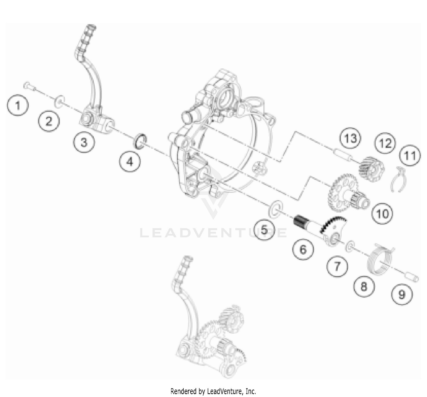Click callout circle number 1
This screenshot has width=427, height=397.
point(18,105)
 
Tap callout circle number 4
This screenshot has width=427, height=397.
point(130,162)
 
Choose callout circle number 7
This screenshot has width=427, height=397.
point(337,267)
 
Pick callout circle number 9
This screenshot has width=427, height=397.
point(402,294)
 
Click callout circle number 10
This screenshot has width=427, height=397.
point(383,213)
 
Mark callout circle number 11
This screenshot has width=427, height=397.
point(410,155)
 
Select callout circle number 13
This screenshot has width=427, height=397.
point(350,138)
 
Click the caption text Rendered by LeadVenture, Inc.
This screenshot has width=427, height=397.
point(213,391)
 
